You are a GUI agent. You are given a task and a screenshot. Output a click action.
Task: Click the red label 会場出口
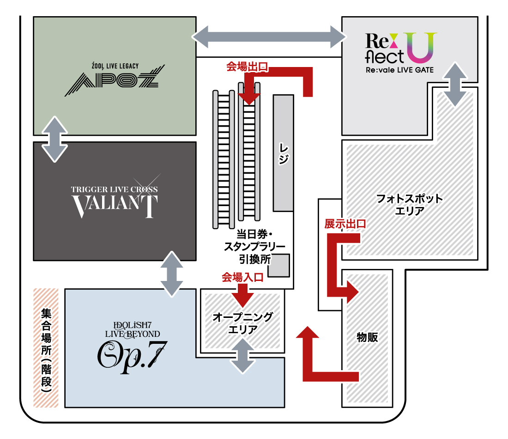click(x=247, y=67)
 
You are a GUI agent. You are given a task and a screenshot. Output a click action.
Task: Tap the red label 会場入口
click(x=242, y=277)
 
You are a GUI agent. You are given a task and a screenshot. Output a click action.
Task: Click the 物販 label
click(x=367, y=337)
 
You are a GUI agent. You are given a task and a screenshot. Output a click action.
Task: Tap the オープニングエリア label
click(x=242, y=323)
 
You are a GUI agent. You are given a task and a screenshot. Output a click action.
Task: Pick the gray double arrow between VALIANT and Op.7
click(x=171, y=274)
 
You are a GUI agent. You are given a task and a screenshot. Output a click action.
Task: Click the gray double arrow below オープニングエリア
click(x=243, y=356)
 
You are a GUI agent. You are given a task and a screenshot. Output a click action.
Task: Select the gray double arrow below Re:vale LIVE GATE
click(x=455, y=84)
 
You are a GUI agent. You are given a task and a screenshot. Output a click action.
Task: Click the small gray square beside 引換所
click(x=278, y=266)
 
